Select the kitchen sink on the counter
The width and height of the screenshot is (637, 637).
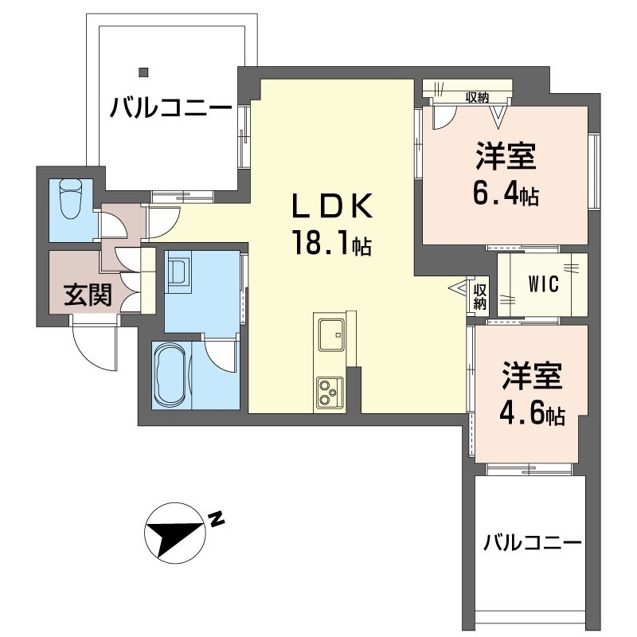click(330, 334)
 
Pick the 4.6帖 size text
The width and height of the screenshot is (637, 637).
click(531, 414)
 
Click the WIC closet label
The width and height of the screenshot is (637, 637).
click(544, 283)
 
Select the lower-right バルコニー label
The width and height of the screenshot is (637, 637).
click(532, 544)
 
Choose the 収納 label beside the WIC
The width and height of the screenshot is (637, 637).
click(480, 295)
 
